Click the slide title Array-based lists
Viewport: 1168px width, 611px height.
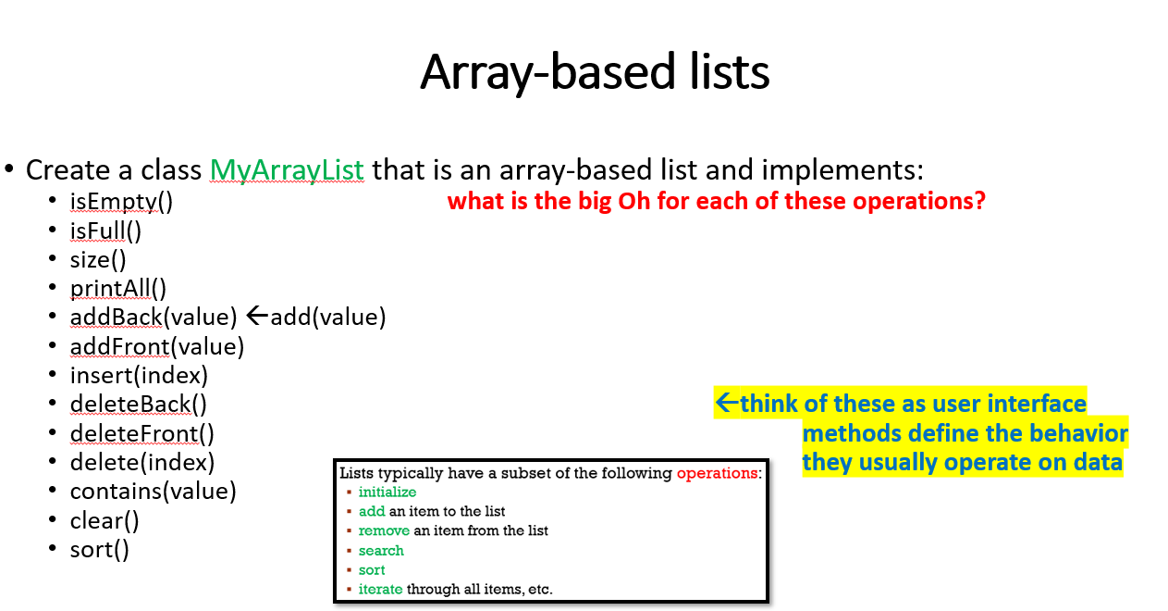[x=595, y=72]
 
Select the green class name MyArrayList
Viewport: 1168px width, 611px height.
[x=287, y=170]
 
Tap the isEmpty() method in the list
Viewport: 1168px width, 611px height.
[x=121, y=202]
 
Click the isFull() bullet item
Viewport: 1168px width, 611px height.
[x=105, y=231]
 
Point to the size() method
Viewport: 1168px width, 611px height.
[x=98, y=259]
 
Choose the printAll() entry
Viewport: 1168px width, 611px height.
[x=118, y=288]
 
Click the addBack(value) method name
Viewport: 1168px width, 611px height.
[x=154, y=318]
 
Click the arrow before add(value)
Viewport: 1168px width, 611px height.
[x=257, y=317]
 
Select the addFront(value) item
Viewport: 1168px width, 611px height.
[x=156, y=346]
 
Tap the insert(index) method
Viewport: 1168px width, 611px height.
[x=139, y=375]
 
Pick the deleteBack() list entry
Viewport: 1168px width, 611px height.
[x=138, y=404]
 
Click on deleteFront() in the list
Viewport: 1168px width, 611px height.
[x=141, y=433]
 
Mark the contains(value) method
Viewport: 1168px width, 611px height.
[x=153, y=491]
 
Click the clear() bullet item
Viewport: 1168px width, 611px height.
[x=105, y=520]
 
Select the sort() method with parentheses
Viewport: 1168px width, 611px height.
[x=99, y=549]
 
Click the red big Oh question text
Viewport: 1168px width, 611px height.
[x=716, y=201]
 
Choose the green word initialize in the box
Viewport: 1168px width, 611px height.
[x=387, y=493]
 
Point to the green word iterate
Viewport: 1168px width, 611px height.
[x=380, y=589]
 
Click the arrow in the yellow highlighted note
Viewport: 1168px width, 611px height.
[x=727, y=403]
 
